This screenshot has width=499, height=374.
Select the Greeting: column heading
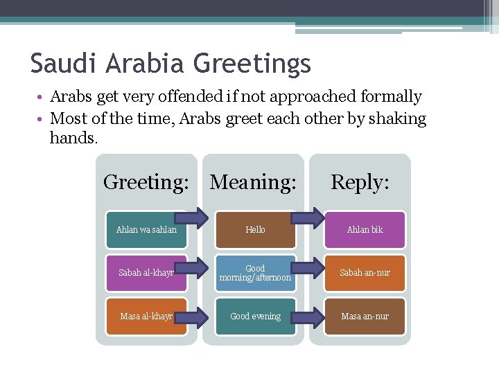tap(146, 182)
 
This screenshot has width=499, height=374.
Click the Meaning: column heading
tap(253, 182)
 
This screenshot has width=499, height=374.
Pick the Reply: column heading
tap(360, 182)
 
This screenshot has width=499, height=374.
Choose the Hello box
tap(256, 230)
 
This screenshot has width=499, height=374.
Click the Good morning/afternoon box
tap(255, 273)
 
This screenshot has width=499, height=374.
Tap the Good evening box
tap(255, 317)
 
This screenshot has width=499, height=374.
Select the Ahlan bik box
tap(365, 230)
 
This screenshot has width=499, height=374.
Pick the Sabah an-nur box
tap(365, 273)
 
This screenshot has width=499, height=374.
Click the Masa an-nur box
tap(365, 317)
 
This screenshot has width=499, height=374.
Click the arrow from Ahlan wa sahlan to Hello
tap(196, 216)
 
